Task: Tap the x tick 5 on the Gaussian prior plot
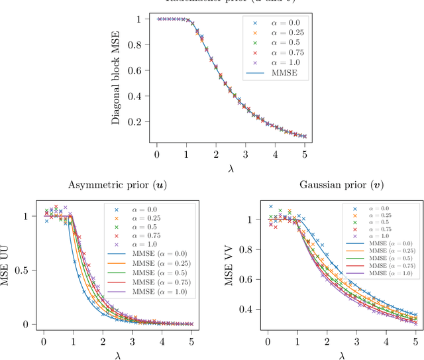pos(415,341)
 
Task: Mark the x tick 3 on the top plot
pos(246,154)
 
